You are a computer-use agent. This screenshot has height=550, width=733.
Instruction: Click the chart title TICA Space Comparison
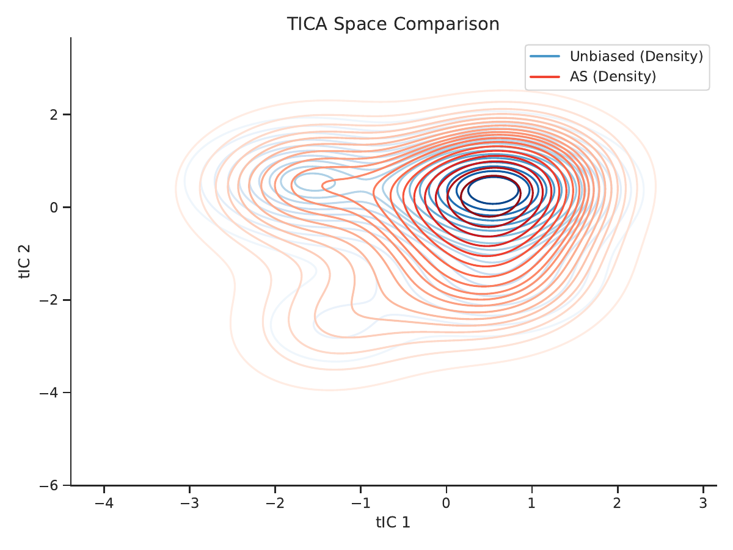click(x=393, y=24)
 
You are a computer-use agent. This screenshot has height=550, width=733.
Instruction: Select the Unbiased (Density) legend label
click(x=636, y=56)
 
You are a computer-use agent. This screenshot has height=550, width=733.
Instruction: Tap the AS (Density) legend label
click(x=613, y=77)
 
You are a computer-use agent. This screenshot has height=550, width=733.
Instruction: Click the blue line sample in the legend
click(x=545, y=56)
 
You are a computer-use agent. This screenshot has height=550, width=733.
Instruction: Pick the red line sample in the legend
click(x=545, y=77)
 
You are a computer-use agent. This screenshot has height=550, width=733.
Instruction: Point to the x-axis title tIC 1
click(x=393, y=523)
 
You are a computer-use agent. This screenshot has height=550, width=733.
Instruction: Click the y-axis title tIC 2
click(x=24, y=262)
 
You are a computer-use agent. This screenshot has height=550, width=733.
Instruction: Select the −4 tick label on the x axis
click(x=104, y=503)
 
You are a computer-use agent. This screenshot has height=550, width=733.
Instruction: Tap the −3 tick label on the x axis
click(x=189, y=503)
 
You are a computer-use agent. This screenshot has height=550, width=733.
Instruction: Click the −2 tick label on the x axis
click(x=275, y=503)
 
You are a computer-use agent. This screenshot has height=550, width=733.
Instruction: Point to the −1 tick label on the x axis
click(x=360, y=503)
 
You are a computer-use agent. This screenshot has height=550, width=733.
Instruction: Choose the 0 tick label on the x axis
click(x=446, y=503)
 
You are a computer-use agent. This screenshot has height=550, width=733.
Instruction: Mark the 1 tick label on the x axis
click(x=531, y=503)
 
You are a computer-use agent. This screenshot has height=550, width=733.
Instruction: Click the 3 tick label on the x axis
click(x=703, y=503)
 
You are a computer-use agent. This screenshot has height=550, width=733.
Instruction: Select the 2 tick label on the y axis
click(x=54, y=115)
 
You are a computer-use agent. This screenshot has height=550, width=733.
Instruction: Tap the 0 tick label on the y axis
click(x=54, y=208)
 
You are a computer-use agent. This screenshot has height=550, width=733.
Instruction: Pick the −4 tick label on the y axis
click(x=49, y=393)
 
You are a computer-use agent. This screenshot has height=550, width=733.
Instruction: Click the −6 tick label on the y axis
click(x=49, y=485)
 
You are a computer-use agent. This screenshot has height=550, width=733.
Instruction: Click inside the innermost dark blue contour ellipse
click(x=493, y=190)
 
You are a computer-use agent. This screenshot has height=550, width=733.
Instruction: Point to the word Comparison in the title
click(x=446, y=24)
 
